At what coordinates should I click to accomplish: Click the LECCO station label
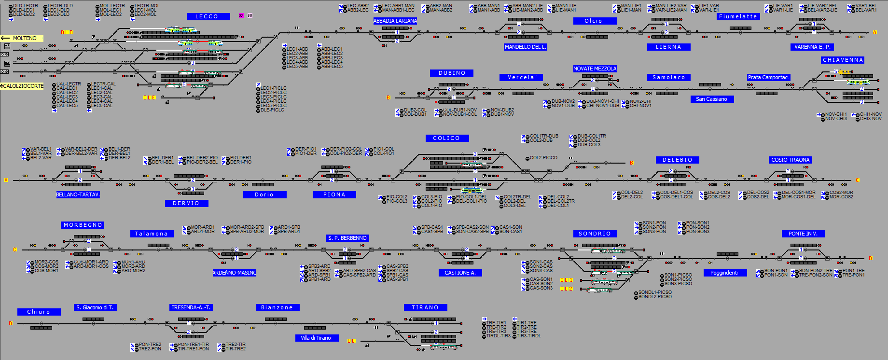click(x=207, y=17)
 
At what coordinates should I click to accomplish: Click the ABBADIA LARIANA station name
click(x=395, y=21)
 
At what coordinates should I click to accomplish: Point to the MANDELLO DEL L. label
click(x=525, y=47)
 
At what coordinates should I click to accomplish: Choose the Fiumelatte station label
click(x=738, y=16)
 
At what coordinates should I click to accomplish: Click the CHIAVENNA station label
click(x=843, y=60)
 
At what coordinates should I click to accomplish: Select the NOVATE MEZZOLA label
click(x=595, y=69)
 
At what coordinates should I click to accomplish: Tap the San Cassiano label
click(x=711, y=99)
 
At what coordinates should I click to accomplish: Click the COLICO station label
click(x=446, y=138)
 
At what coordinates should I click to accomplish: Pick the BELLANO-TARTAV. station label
click(x=78, y=194)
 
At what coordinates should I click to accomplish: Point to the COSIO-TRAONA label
click(x=790, y=160)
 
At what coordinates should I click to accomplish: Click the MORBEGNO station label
click(x=83, y=225)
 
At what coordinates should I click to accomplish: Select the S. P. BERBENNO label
click(x=347, y=238)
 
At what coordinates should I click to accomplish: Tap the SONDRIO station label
click(x=595, y=234)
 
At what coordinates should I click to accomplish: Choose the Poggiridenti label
click(x=724, y=273)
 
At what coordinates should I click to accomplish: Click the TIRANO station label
click(x=425, y=307)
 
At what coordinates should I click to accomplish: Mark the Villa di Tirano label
click(x=316, y=338)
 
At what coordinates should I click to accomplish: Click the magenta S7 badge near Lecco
click(x=241, y=16)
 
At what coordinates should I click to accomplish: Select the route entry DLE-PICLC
click(x=272, y=110)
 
